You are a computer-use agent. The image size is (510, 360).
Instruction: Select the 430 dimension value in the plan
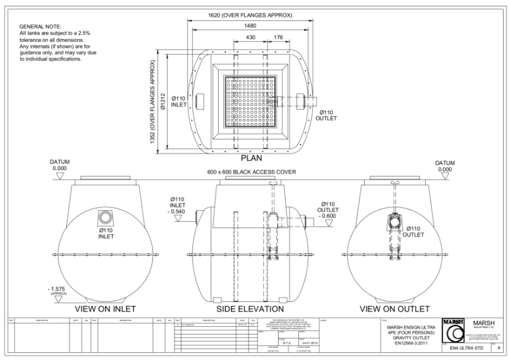(251, 38)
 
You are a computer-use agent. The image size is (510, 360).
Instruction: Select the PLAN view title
(254, 157)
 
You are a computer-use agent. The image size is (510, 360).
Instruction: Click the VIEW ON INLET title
(104, 309)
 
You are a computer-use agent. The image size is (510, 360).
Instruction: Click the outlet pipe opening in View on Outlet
(394, 224)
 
